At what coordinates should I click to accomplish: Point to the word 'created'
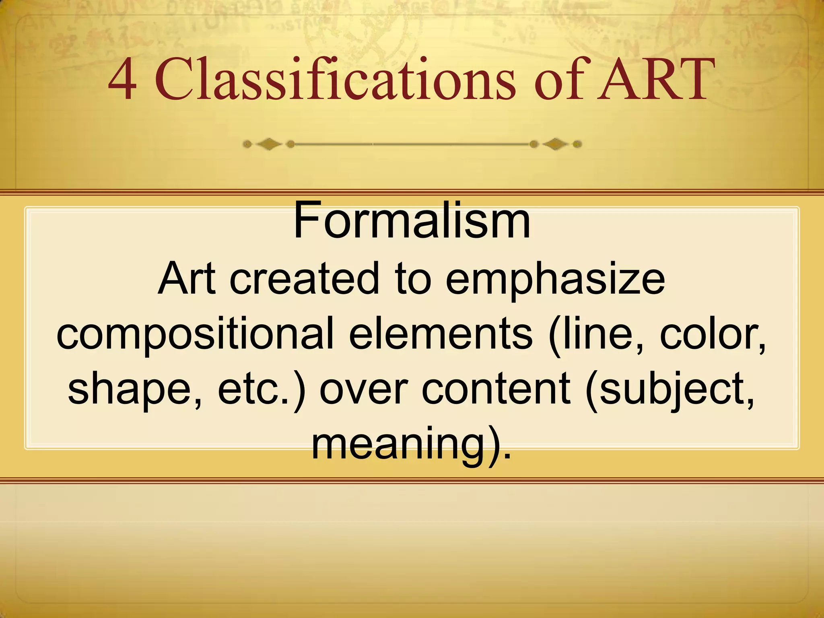point(304,278)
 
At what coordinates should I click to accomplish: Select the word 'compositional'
point(195,335)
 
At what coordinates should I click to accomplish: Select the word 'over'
point(364,389)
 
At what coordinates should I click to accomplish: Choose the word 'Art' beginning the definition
point(186,278)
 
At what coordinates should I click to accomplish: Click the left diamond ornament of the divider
point(269,144)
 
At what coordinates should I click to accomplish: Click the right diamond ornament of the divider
point(555,144)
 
